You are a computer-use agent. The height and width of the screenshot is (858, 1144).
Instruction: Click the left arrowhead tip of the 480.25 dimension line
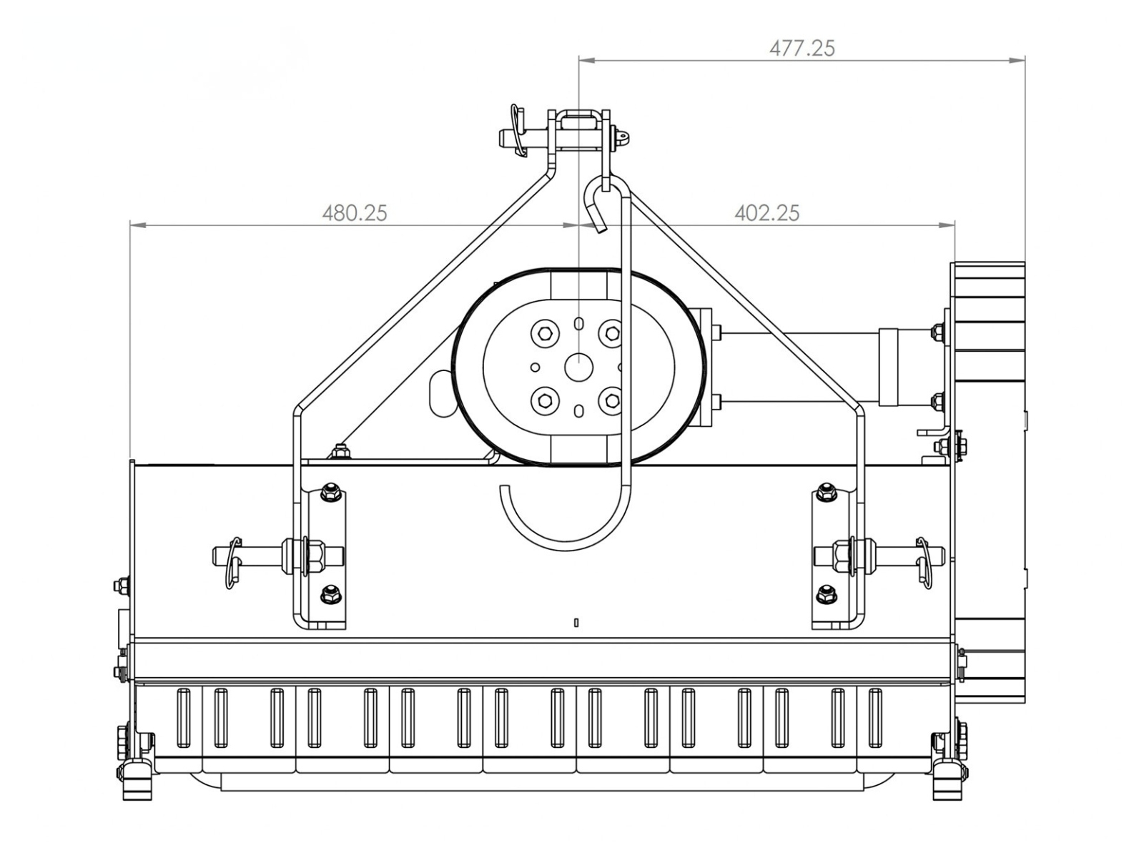[130, 225]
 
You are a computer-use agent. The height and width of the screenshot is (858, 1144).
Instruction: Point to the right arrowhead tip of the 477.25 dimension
[1025, 61]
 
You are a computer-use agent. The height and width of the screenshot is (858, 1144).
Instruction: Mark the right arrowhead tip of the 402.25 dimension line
[955, 225]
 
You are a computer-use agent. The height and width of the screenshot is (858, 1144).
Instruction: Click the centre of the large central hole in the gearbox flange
[579, 368]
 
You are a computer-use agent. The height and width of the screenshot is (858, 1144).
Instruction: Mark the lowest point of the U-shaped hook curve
[566, 550]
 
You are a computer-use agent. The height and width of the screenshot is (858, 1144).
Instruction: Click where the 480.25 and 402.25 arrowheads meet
[579, 225]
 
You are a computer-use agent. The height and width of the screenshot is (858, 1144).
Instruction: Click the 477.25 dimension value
[802, 49]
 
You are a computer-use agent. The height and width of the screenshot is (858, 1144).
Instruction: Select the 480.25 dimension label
[355, 214]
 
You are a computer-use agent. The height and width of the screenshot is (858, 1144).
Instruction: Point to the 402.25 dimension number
[766, 214]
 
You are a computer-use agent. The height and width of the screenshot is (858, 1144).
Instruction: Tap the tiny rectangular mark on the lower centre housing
[576, 622]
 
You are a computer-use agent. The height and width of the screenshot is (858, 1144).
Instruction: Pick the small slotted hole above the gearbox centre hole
[578, 323]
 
